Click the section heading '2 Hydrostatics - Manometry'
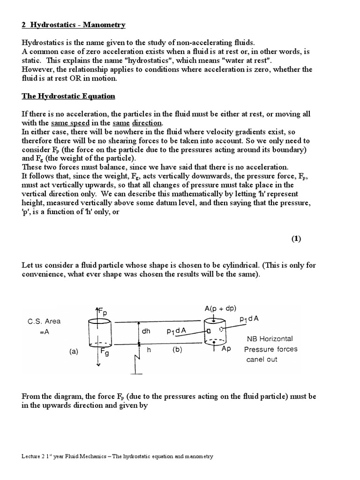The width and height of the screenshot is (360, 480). [x=74, y=24]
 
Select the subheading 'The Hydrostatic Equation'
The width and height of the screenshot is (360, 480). [x=68, y=96]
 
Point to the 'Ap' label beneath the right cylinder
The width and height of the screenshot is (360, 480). [x=226, y=349]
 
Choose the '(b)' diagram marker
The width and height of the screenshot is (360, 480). [x=178, y=349]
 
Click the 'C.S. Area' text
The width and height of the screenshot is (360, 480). [x=44, y=322]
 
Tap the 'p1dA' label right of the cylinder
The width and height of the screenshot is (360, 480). [x=250, y=319]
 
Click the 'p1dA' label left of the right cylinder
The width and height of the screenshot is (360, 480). [x=176, y=331]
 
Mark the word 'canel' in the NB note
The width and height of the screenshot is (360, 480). [x=256, y=360]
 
